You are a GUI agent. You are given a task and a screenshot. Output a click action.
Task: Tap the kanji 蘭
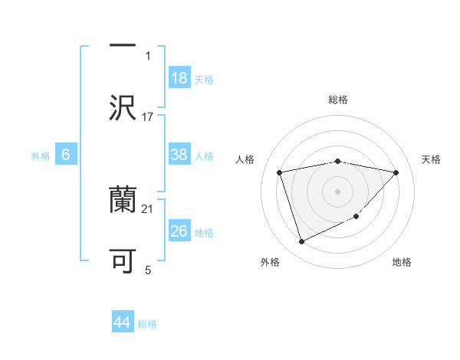pyautogui.click(x=123, y=201)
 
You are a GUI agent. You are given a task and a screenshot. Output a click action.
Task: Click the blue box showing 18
pyautogui.click(x=179, y=79)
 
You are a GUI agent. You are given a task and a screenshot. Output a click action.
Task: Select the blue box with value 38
pyautogui.click(x=179, y=155)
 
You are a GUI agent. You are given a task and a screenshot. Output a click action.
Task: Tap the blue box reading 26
pyautogui.click(x=179, y=231)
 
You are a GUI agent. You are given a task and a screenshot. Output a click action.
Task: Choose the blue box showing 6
pyautogui.click(x=66, y=155)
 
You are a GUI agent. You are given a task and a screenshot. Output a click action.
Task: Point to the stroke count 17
pyautogui.click(x=148, y=116)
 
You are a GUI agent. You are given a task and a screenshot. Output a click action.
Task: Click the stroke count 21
pyautogui.click(x=148, y=208)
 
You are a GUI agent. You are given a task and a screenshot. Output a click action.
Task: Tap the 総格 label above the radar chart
pyautogui.click(x=338, y=100)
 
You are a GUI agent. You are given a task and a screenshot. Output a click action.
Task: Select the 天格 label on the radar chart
pyautogui.click(x=432, y=159)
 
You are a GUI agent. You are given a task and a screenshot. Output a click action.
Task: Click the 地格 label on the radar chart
pyautogui.click(x=402, y=262)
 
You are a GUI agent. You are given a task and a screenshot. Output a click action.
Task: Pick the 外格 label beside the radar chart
pyautogui.click(x=270, y=262)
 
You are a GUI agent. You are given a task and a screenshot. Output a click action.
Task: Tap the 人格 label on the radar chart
pyautogui.click(x=246, y=159)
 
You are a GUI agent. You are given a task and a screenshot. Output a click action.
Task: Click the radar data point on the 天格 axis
pyautogui.click(x=396, y=172)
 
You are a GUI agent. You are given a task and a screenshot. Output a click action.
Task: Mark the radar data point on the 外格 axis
pyautogui.click(x=301, y=242)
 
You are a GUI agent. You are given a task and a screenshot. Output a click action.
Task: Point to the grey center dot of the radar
pyautogui.click(x=337, y=191)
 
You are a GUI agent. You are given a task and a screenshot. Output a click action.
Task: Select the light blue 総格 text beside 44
pyautogui.click(x=147, y=323)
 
